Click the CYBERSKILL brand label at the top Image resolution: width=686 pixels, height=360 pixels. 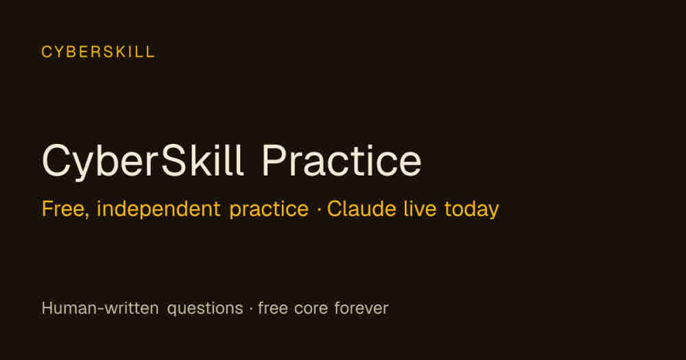point(98,52)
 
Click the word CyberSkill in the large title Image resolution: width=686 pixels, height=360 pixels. point(142,161)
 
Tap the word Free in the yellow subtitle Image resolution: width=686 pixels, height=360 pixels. point(63,209)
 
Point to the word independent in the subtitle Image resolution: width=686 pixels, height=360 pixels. point(158,208)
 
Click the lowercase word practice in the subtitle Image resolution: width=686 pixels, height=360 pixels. point(269,210)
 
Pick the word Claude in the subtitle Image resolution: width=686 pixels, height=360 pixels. point(362,208)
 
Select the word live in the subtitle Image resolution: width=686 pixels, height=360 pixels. point(420,208)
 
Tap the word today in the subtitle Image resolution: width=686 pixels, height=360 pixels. point(471,210)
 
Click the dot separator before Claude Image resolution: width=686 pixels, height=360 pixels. point(318,210)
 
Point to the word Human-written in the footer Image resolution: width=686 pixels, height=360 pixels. point(99,308)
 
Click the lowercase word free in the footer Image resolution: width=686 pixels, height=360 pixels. point(272,308)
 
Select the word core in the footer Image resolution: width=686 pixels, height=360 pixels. point(311,309)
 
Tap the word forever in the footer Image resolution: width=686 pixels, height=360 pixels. point(361,308)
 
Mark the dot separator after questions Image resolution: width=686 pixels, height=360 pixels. point(250,309)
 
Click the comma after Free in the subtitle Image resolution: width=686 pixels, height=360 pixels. point(86,216)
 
